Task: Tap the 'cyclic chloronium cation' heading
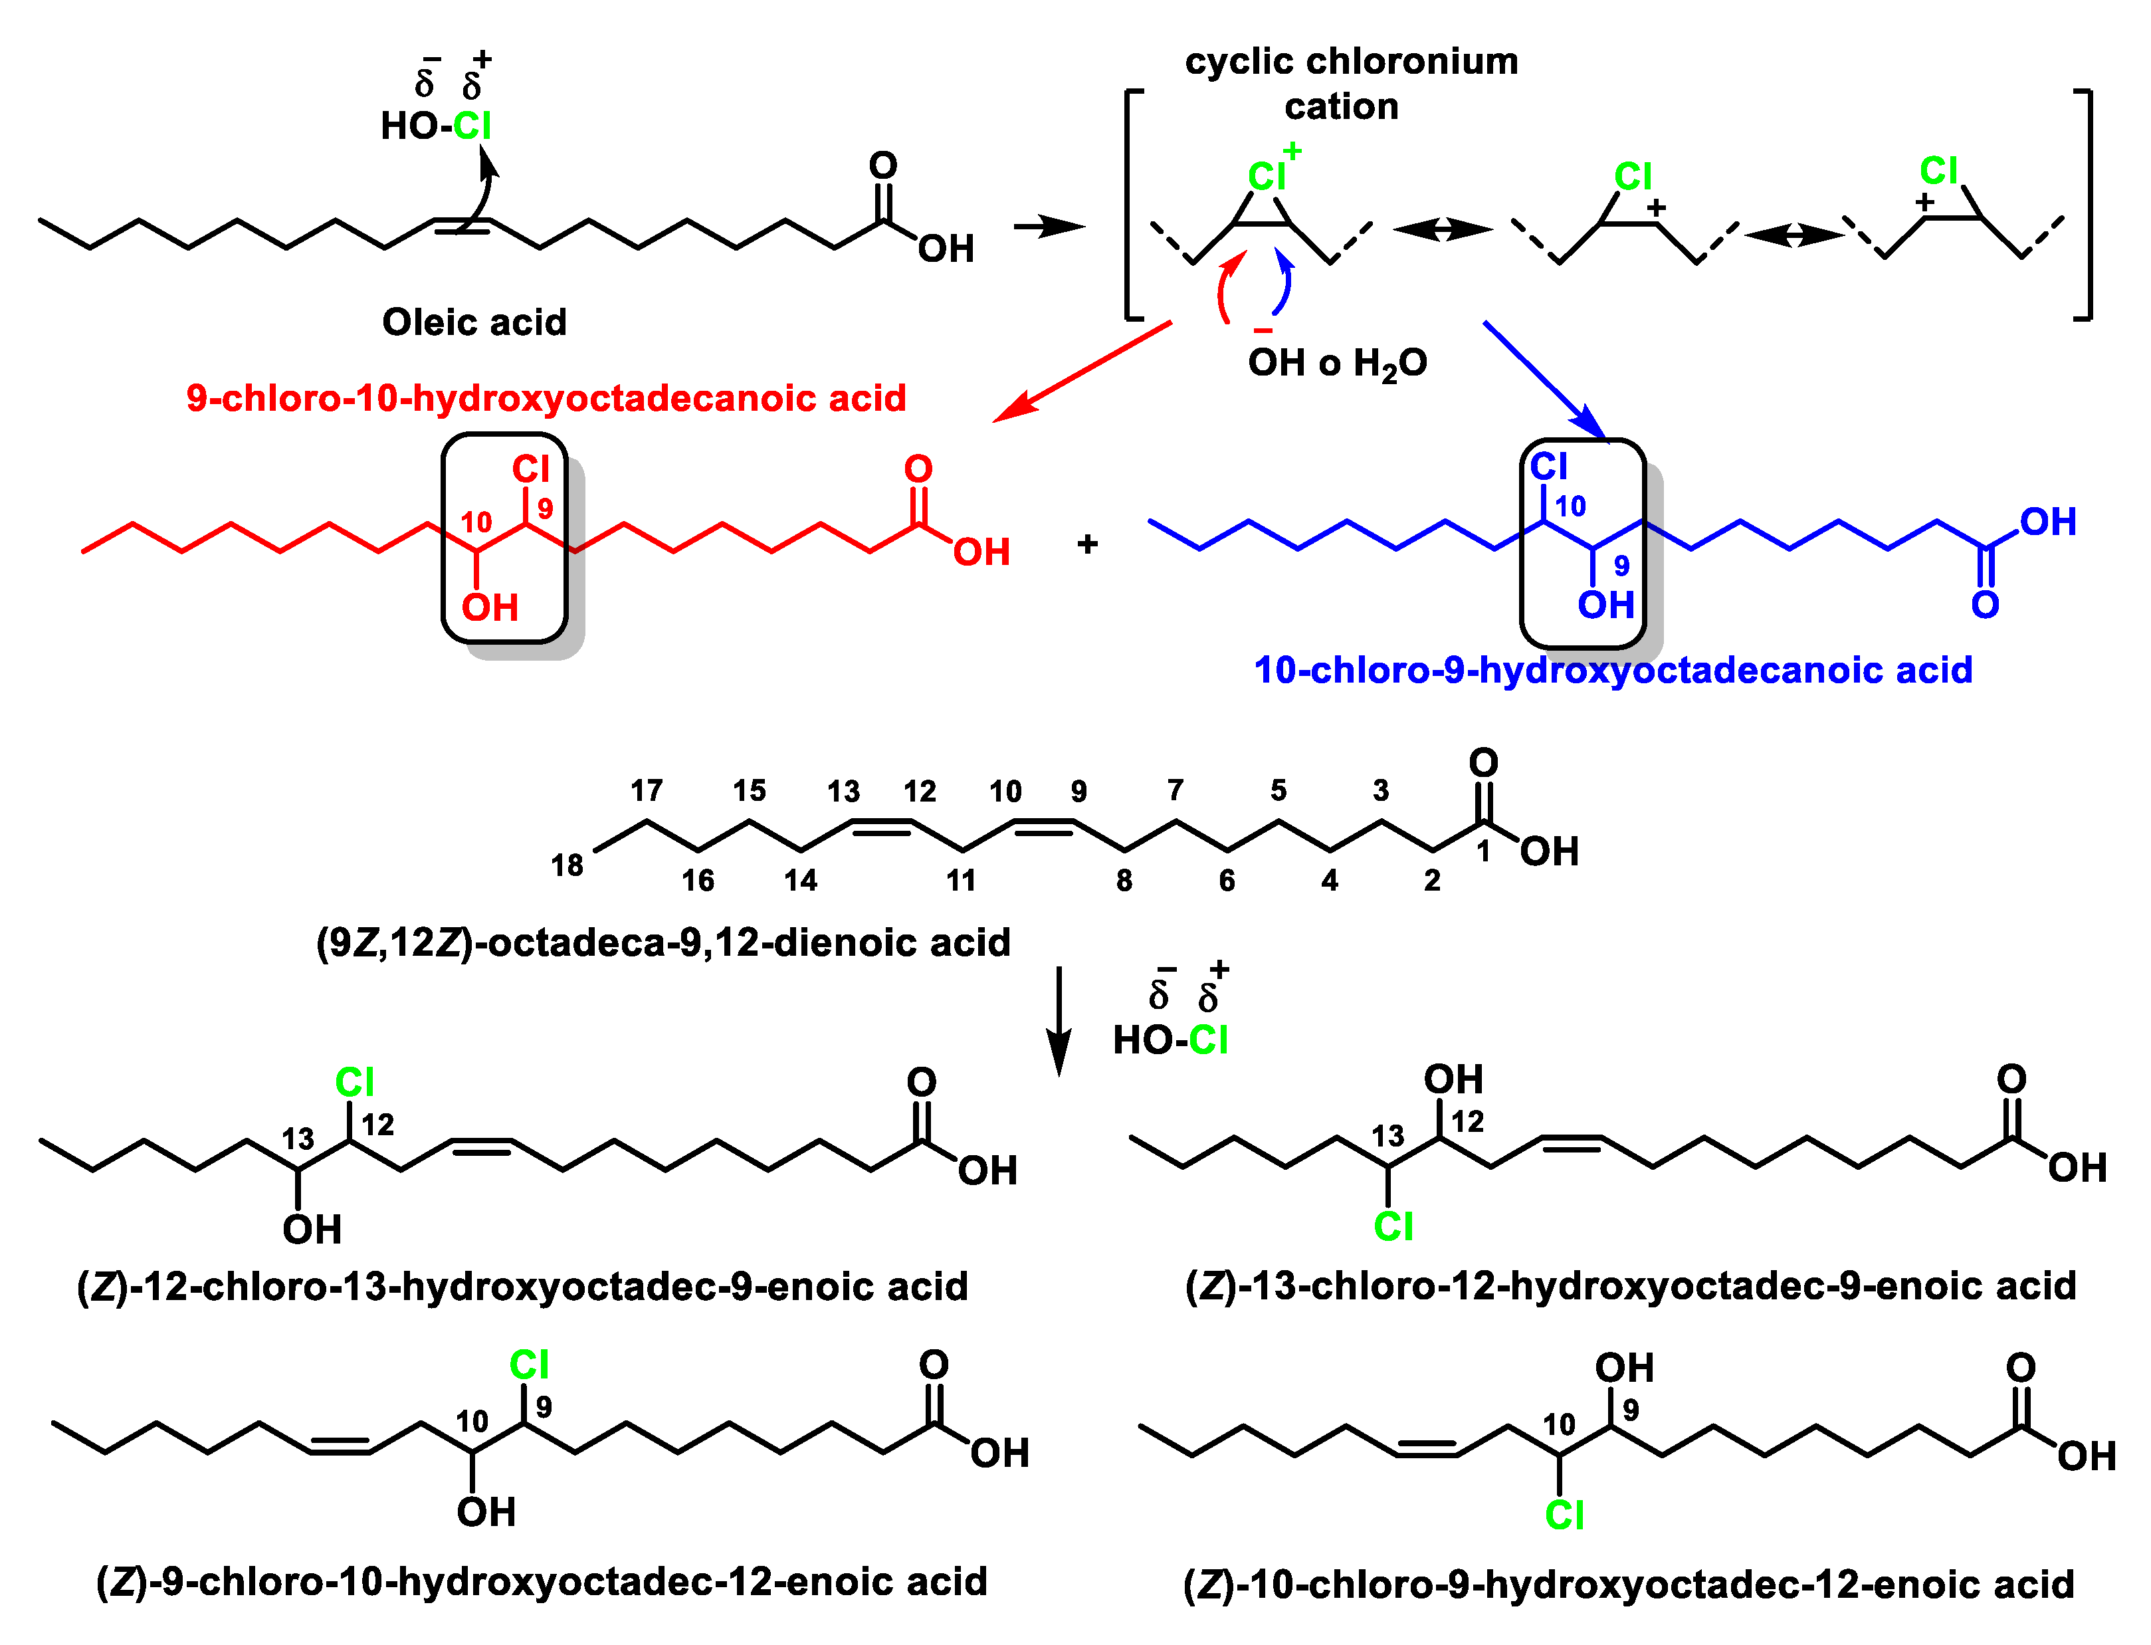tap(1351, 83)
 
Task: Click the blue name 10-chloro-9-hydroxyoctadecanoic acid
tap(1613, 671)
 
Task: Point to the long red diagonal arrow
tap(1082, 371)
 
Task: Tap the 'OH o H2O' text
tap(1338, 364)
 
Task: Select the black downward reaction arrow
tap(1059, 1022)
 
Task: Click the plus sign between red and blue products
tap(1086, 544)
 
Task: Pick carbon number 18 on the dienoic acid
tap(567, 865)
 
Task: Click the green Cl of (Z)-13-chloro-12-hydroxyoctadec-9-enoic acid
tap(1393, 1226)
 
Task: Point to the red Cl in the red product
tap(532, 469)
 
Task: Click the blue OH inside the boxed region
tap(1605, 605)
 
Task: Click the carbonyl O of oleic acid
tap(883, 165)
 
